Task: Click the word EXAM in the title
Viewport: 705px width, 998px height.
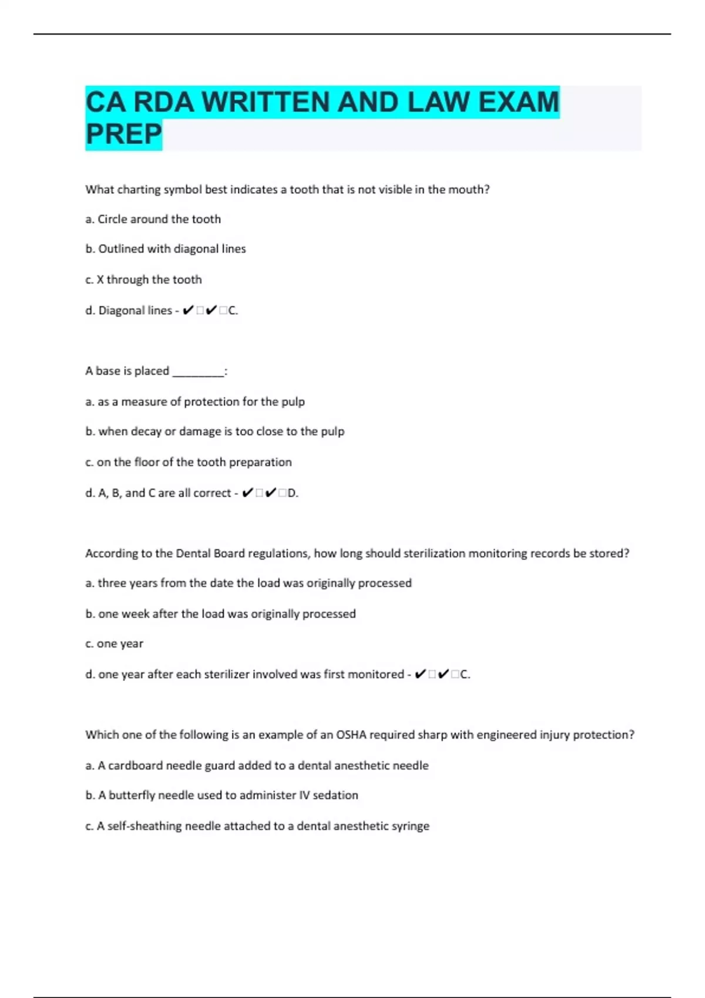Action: click(x=518, y=102)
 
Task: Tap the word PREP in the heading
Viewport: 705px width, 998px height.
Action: click(x=123, y=134)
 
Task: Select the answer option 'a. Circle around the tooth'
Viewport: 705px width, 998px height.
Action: click(x=153, y=219)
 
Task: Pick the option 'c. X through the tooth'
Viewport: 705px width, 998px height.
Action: click(x=143, y=279)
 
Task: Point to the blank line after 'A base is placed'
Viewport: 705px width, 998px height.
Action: click(x=198, y=372)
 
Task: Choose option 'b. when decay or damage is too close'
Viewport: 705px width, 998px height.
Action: click(x=215, y=431)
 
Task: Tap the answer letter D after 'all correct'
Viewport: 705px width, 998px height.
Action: click(x=292, y=493)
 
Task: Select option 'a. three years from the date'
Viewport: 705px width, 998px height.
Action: click(x=249, y=583)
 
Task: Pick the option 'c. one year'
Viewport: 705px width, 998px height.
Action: click(x=115, y=643)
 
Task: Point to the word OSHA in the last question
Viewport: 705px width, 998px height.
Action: click(x=351, y=735)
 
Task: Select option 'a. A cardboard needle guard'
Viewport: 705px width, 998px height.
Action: click(x=257, y=766)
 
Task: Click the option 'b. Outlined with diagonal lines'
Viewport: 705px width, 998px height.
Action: click(x=166, y=249)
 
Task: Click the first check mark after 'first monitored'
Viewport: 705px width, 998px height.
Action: click(x=420, y=674)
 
